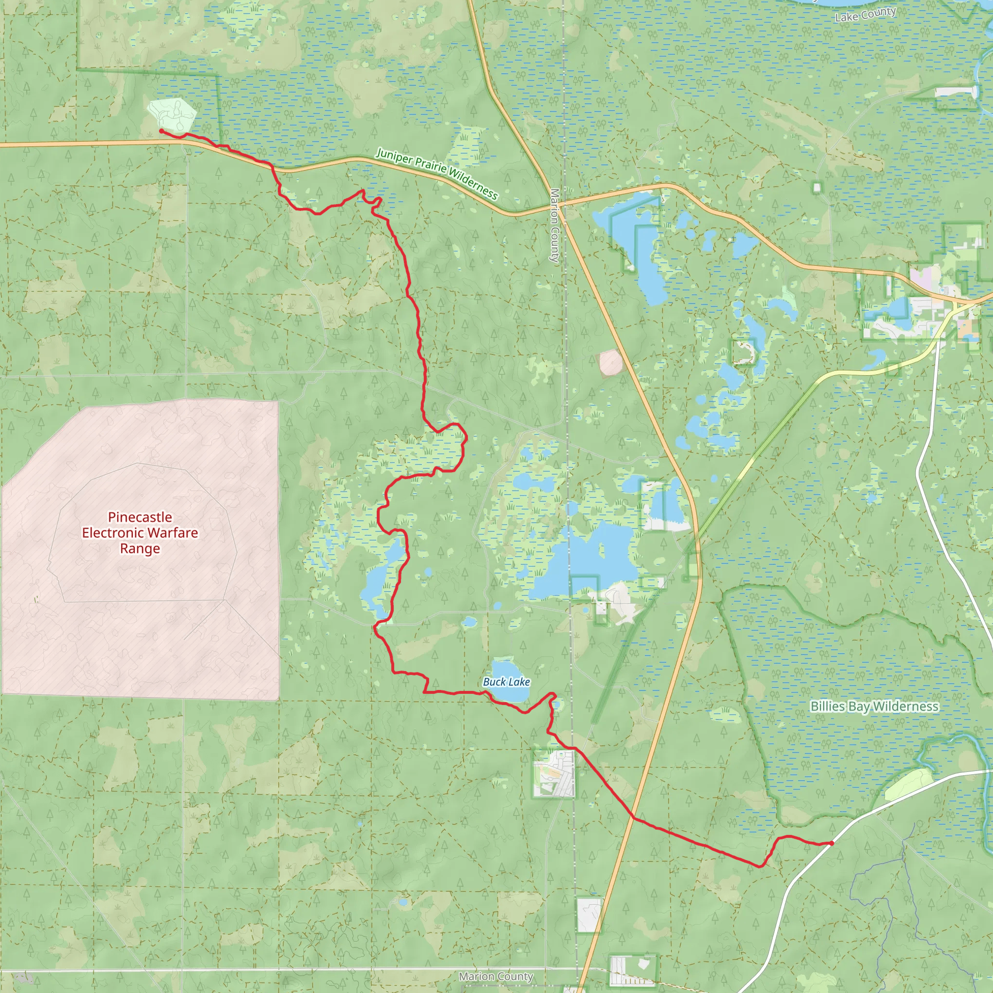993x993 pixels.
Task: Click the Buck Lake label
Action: click(506, 682)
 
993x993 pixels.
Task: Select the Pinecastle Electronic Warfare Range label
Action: click(140, 532)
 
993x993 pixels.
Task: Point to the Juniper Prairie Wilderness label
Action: click(437, 173)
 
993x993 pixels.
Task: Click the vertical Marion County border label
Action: click(555, 225)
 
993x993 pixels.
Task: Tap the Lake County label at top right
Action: click(865, 15)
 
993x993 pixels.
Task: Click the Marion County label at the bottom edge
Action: click(496, 976)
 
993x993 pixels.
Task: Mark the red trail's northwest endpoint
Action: click(161, 131)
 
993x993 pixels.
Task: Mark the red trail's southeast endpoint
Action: click(831, 843)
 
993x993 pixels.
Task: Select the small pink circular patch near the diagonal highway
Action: click(610, 362)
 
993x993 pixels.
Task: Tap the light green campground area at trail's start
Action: click(172, 114)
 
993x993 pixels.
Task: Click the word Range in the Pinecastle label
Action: click(140, 548)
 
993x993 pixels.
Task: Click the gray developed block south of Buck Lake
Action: click(554, 773)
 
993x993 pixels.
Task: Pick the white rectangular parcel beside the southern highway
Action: click(589, 915)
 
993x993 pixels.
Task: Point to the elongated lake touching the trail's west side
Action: click(380, 581)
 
